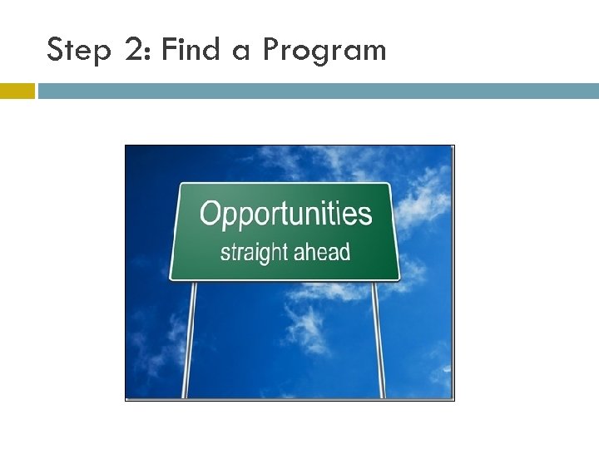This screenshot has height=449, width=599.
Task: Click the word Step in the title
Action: point(78,51)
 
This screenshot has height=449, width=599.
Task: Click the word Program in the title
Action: point(324,52)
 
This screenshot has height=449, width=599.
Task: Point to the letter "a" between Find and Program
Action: point(241,52)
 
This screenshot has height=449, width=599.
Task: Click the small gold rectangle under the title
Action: point(17,91)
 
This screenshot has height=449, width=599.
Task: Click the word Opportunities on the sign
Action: point(285,215)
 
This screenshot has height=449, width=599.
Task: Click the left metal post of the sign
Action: point(191,341)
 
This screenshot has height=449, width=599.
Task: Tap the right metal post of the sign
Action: point(379,341)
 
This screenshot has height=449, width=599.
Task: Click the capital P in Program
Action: point(270,50)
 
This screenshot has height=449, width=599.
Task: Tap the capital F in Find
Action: point(169,50)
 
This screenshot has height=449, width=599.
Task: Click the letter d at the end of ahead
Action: point(344,251)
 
